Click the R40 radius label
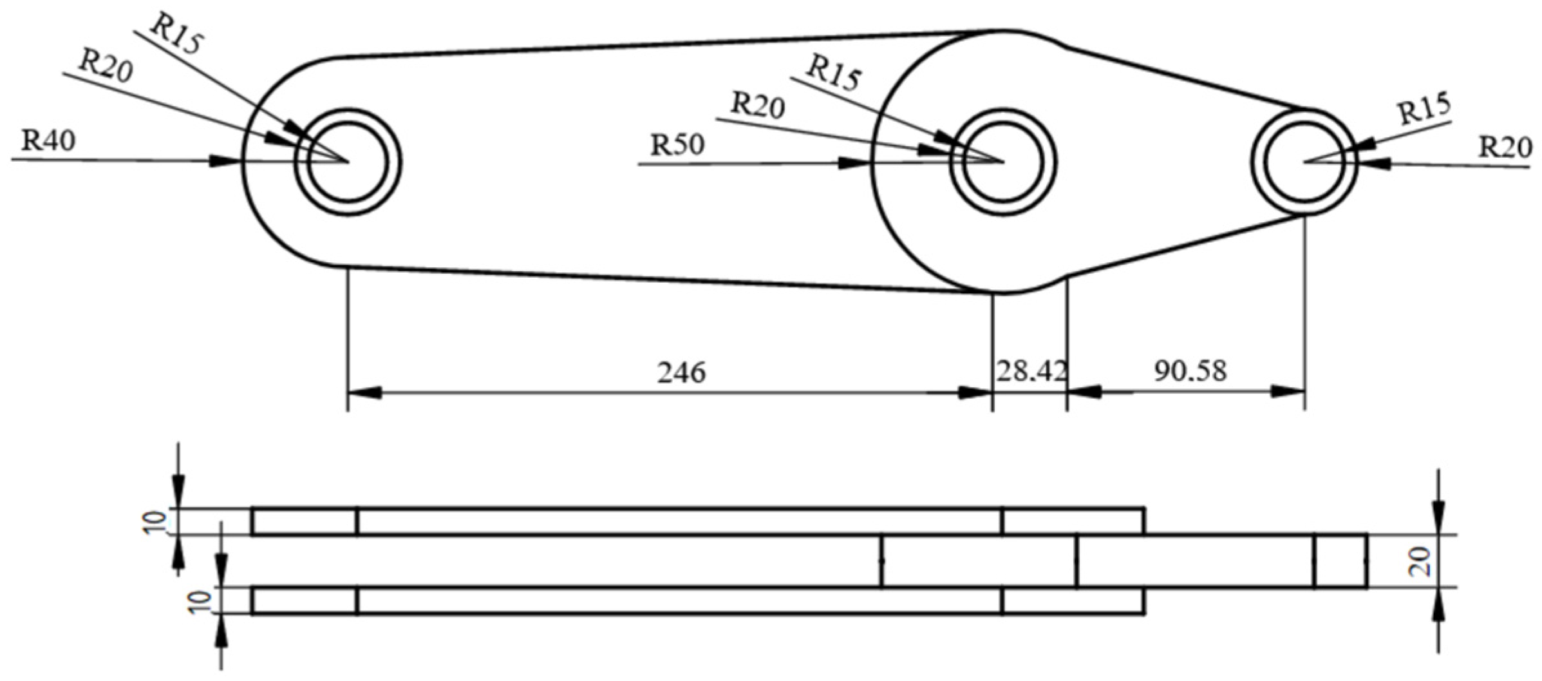(48, 140)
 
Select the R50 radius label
(677, 145)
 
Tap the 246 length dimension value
(681, 372)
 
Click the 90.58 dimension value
(1190, 371)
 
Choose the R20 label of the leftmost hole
(106, 66)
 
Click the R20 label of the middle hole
(758, 106)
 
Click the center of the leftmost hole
(348, 161)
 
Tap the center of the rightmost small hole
(1304, 161)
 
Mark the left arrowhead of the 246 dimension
(363, 392)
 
